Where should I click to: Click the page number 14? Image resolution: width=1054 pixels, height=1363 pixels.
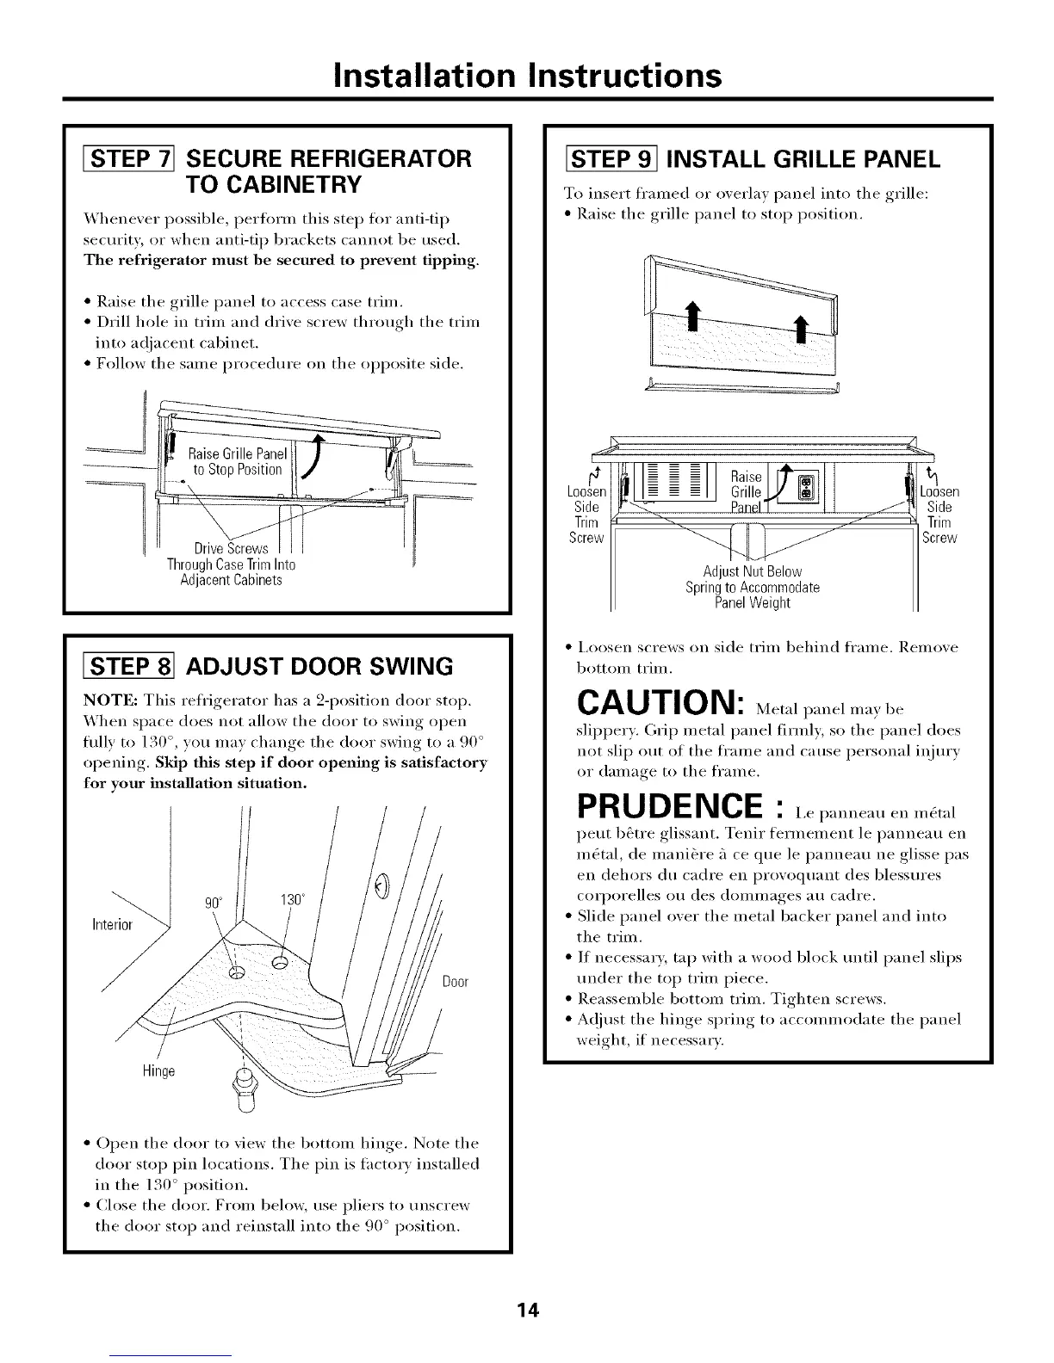tap(527, 1311)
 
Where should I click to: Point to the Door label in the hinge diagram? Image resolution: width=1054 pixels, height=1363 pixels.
tap(455, 982)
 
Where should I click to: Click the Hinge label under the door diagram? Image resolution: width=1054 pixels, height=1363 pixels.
tap(158, 1071)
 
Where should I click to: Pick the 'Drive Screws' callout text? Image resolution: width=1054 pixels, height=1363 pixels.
tap(231, 549)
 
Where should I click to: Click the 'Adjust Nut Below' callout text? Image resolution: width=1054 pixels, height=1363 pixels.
tap(752, 571)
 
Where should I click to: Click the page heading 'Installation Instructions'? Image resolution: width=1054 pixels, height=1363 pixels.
tap(527, 75)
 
